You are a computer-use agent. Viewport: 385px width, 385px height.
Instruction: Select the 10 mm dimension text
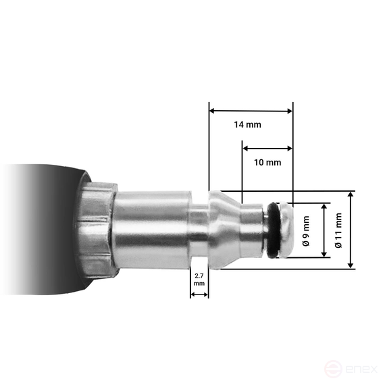(x=268, y=163)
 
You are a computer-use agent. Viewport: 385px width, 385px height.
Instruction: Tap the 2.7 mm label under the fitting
(x=199, y=280)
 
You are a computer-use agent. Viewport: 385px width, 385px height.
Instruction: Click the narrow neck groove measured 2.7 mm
(x=199, y=230)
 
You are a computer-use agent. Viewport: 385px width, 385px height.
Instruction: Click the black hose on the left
(x=41, y=230)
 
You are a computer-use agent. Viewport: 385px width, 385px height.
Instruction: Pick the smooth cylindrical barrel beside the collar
(x=152, y=230)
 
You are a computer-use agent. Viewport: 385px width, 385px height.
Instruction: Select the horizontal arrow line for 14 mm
(x=251, y=111)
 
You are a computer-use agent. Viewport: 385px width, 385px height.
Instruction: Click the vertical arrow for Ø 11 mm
(x=351, y=230)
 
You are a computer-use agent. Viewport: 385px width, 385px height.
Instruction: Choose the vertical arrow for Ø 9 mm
(x=324, y=230)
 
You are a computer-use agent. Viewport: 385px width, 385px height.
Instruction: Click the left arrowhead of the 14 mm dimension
(x=212, y=111)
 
